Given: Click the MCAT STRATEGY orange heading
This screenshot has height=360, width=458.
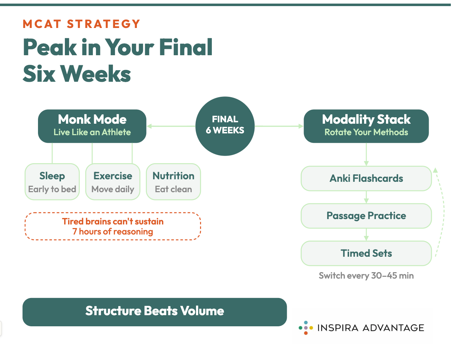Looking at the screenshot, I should (x=81, y=24).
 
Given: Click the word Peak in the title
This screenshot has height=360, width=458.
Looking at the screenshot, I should (x=50, y=47).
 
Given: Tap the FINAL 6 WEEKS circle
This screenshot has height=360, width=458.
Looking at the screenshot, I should (x=225, y=126).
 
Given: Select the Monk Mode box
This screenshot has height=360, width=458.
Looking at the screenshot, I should (x=92, y=126).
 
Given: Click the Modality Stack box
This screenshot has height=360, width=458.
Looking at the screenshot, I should (x=366, y=126).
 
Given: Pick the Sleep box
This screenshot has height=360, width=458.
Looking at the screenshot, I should (x=52, y=182).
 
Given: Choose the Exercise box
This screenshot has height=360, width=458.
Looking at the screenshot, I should (x=113, y=182).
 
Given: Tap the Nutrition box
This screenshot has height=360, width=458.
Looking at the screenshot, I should (x=173, y=182).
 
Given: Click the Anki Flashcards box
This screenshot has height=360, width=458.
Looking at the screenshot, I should (x=366, y=178).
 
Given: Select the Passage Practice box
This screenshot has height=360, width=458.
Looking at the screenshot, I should (x=366, y=216).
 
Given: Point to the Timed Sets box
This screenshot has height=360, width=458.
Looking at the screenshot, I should (x=366, y=253).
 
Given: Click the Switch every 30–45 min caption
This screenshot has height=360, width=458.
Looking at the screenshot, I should (x=366, y=276).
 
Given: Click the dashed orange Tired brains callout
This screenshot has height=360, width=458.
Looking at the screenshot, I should (x=113, y=227).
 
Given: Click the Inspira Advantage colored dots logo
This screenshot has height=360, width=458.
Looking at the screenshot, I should (x=306, y=328).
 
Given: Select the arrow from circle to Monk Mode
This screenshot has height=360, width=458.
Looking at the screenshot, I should (x=171, y=126).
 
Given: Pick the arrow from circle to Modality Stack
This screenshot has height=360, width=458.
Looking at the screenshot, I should (x=279, y=126).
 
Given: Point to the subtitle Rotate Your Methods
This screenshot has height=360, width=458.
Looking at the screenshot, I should (x=366, y=132).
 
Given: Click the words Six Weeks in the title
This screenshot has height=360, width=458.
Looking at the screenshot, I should (x=77, y=74).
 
